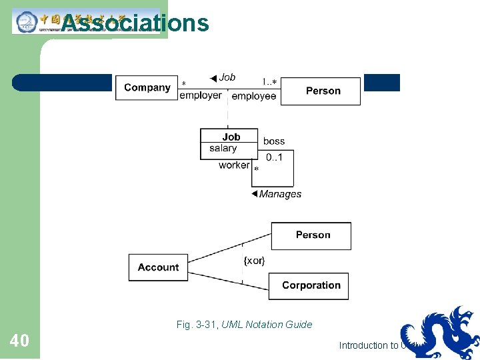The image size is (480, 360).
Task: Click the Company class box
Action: pos(147,87)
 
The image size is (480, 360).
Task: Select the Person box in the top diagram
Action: pos(323,91)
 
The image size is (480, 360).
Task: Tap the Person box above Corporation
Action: pos(313,235)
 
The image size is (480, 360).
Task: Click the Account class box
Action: pos(158,267)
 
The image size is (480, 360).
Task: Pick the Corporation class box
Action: pos(311,285)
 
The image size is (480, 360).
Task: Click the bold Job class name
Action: pos(231,137)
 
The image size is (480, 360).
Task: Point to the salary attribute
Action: pos(223,149)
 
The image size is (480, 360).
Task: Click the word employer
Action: pos(201,96)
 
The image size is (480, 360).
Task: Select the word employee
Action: pos(254,97)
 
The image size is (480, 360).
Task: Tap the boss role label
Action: pos(274,141)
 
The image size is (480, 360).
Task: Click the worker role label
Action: pos(234,165)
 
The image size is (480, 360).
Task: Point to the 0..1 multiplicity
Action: pos(274,157)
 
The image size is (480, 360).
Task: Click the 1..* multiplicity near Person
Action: pos(269,82)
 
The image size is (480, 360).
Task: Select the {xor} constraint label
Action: pos(254,261)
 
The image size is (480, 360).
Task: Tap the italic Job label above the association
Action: pos(227,77)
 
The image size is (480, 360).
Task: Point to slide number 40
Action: pos(19,341)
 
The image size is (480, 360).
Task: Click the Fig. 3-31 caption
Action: pos(244,325)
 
